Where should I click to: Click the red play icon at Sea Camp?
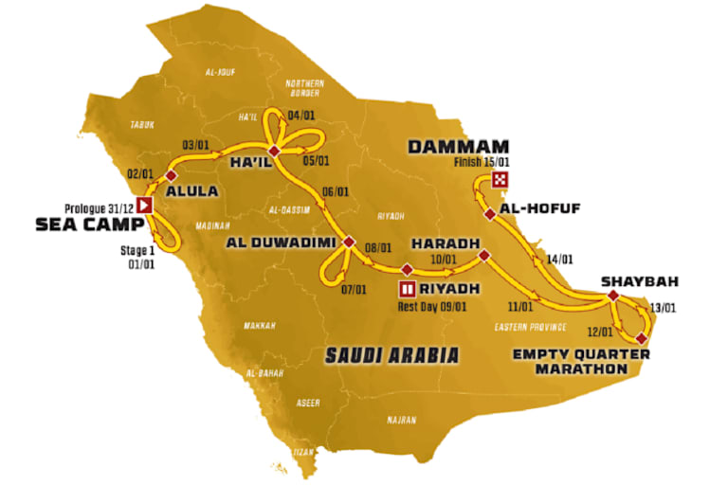[x=145, y=205]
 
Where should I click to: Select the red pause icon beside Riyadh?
[x=407, y=287]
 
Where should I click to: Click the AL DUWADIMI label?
[x=280, y=242]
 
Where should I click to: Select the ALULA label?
[x=192, y=190]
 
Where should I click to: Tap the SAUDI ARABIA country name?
[x=391, y=355]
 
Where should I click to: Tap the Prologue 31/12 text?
[x=100, y=206]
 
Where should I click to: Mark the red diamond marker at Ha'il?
[x=274, y=153]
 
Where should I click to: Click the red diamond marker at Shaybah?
[x=613, y=296]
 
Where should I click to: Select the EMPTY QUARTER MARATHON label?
[x=581, y=362]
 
